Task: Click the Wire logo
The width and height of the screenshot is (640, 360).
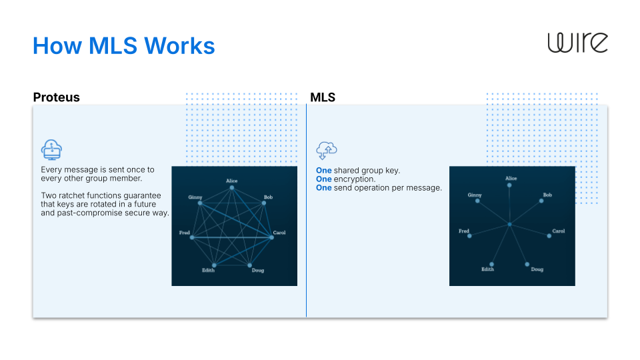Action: click(x=577, y=43)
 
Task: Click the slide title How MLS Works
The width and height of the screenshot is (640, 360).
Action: click(x=124, y=46)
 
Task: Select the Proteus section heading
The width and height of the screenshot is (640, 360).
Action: click(x=57, y=97)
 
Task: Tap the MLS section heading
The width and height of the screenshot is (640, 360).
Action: click(x=323, y=97)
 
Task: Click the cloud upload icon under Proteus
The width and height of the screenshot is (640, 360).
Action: click(x=51, y=150)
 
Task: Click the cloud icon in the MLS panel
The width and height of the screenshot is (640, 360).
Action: click(x=326, y=150)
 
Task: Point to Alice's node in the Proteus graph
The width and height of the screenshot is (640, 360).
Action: click(x=232, y=188)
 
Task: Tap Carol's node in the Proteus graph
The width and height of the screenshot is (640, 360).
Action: click(x=271, y=237)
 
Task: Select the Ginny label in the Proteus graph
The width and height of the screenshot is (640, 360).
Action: click(x=195, y=197)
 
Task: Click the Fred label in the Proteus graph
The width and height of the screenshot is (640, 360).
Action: click(x=185, y=233)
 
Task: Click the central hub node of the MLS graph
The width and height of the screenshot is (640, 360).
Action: click(x=509, y=225)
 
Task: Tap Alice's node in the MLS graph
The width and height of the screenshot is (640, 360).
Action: click(x=510, y=185)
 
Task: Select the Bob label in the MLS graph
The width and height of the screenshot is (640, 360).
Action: click(x=547, y=195)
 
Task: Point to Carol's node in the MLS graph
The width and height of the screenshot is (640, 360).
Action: click(x=549, y=236)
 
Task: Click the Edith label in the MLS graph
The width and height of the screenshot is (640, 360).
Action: click(x=487, y=269)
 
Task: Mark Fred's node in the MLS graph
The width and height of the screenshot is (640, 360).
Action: click(x=469, y=236)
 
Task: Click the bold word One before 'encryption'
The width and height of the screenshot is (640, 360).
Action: click(x=323, y=179)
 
